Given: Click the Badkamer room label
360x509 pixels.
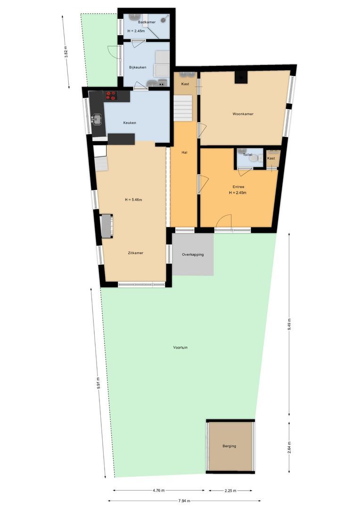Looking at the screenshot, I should (147, 22).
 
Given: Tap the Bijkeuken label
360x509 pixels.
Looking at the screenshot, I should (138, 67).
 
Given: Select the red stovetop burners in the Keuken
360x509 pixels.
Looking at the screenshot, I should (111, 96).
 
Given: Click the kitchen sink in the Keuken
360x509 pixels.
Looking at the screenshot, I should (98, 119).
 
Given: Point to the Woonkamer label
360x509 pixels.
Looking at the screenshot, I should (243, 114).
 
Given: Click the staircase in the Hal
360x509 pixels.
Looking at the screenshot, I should (183, 108).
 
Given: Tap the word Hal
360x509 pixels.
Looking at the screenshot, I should (185, 153).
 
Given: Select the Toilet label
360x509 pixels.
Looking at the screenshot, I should (247, 155).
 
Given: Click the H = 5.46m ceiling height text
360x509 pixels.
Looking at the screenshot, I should (133, 200).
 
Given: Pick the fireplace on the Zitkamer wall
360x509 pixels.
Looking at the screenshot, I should (106, 226).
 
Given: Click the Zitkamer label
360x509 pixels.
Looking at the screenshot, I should (135, 253).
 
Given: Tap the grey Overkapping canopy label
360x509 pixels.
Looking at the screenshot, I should (193, 254).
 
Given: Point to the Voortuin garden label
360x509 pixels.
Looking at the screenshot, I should (180, 348).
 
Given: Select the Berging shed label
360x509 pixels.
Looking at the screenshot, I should (229, 446).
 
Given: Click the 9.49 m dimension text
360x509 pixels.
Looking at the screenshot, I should (289, 325).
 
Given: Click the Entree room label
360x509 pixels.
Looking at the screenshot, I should (238, 187).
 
